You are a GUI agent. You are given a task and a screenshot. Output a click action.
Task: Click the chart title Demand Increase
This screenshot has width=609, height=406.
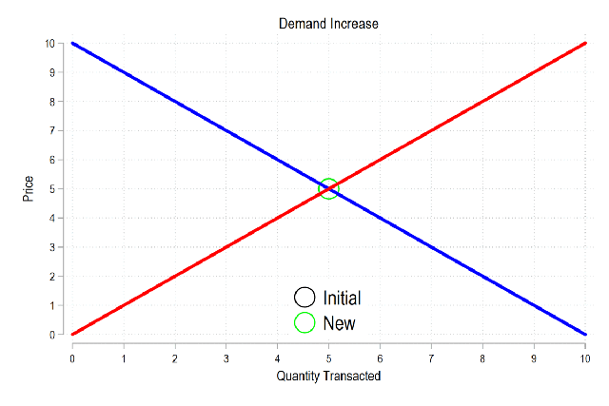click(x=328, y=23)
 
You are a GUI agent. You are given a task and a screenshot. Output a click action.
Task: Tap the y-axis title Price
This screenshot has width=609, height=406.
click(x=29, y=188)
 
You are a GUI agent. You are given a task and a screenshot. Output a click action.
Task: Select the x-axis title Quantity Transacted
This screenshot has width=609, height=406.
click(x=328, y=376)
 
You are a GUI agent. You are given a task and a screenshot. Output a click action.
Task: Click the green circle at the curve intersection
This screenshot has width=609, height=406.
click(x=328, y=188)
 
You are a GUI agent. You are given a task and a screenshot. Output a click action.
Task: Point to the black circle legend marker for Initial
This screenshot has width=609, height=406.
click(x=304, y=298)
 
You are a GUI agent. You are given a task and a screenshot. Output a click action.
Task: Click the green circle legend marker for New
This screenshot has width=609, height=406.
click(x=304, y=323)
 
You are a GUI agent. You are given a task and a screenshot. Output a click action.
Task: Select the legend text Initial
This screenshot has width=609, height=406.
click(x=342, y=298)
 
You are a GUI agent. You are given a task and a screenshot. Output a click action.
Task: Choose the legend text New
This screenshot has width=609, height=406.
click(x=339, y=323)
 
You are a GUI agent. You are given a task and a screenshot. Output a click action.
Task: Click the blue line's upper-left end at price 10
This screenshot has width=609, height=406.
click(x=72, y=43)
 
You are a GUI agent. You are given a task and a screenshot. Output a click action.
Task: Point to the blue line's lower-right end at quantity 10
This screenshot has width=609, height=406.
click(x=584, y=334)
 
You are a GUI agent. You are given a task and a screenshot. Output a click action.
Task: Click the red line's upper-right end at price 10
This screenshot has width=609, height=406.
click(x=584, y=43)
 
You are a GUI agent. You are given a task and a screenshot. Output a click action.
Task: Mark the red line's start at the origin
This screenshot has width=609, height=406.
click(x=72, y=334)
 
